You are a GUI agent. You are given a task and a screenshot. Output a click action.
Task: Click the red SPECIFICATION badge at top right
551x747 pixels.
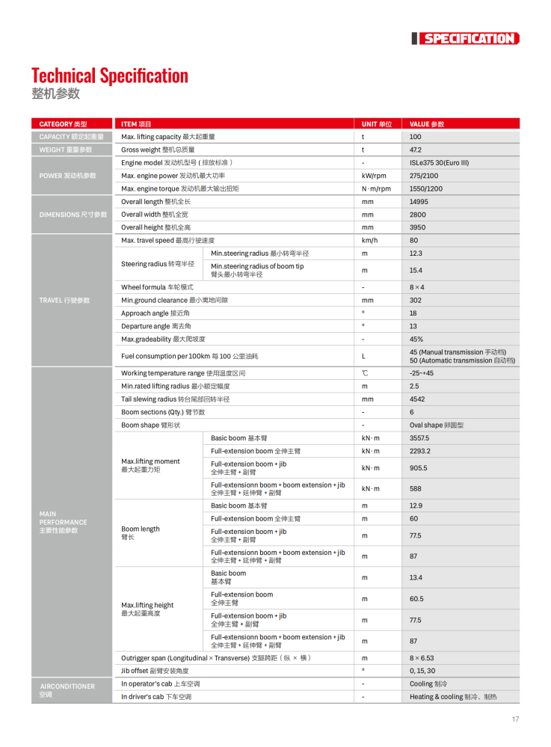pos(468,39)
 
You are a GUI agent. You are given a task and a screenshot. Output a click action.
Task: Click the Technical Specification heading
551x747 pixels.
pos(110,76)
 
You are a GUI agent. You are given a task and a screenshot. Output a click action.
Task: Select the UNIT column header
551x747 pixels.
pos(376,124)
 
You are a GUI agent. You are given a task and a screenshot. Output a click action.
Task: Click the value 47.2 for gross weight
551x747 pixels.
pos(416,150)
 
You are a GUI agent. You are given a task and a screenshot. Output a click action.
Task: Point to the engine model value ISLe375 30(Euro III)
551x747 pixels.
pos(439,163)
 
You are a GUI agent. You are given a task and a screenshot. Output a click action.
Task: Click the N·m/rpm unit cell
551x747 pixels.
pos(376,188)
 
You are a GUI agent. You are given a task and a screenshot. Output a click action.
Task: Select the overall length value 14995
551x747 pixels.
pos(419,202)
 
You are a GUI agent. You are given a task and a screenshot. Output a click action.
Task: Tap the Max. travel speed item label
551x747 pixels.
pos(167,241)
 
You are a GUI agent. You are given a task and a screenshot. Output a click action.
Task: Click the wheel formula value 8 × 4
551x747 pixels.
pos(417,287)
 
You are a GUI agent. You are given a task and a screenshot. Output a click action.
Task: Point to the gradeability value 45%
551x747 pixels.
pos(416,339)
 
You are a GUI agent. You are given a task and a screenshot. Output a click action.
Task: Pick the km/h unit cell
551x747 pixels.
pos(369,241)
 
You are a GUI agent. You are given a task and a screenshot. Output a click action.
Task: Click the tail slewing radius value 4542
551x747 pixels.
pos(417,399)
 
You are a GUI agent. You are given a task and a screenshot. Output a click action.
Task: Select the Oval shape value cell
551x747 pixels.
pos(437,425)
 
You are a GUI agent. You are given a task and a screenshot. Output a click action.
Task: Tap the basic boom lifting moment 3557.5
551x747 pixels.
pos(419,438)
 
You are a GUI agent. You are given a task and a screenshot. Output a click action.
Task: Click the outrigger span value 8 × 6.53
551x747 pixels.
pos(422,658)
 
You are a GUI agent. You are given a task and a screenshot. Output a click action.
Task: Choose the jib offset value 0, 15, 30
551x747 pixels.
pos(422,671)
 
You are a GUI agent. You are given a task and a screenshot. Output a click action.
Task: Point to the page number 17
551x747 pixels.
pos(515,719)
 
